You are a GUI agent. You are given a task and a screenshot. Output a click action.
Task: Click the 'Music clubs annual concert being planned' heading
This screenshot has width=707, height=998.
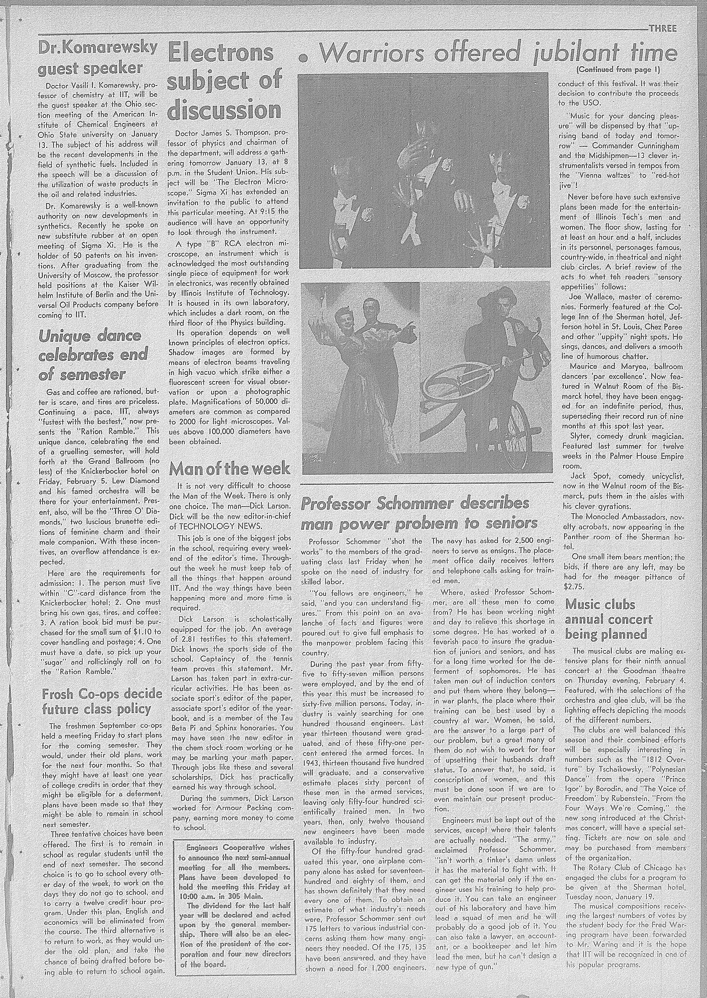click(x=608, y=619)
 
